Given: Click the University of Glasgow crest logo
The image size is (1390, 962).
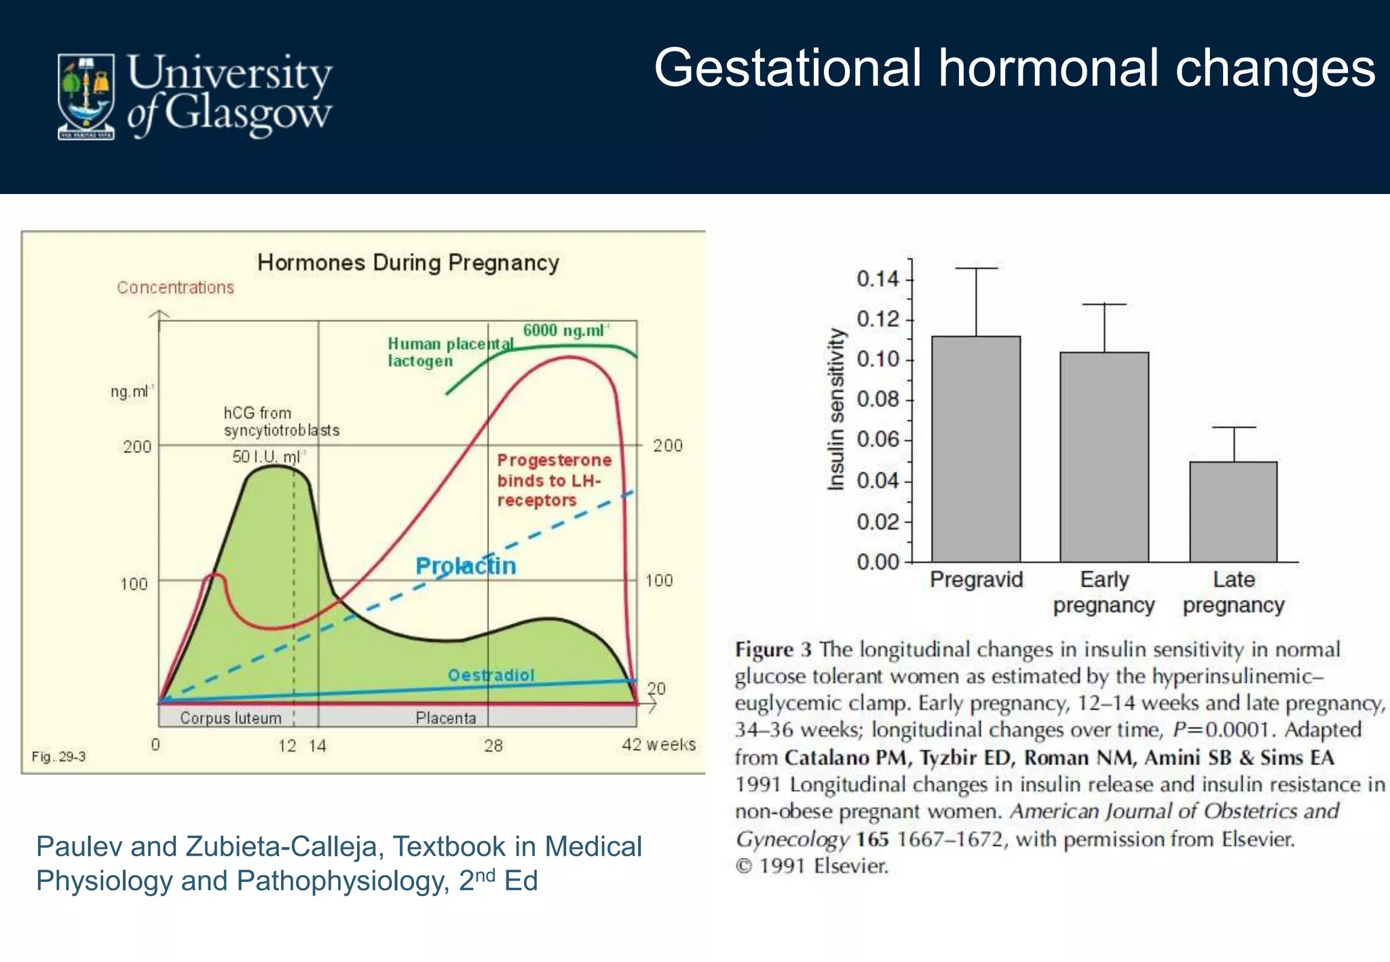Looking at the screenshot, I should point(86,96).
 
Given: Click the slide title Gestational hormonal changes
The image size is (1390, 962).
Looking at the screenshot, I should point(1014,68).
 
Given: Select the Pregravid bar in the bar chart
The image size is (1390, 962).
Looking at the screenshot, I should point(975,448).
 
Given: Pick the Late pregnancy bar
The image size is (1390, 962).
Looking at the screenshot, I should point(1233,512).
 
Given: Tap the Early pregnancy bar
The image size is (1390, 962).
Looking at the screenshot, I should point(1104,457).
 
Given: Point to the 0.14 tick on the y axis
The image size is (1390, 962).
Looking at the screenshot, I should point(878,279).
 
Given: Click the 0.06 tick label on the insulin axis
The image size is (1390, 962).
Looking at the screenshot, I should point(878,440).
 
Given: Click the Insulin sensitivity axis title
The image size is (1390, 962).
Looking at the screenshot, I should point(837,409).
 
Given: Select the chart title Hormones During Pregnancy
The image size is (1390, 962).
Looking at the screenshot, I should point(408,263).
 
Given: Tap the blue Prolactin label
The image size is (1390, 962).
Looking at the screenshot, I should point(466,566).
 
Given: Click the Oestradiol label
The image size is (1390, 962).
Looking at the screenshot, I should point(491,675).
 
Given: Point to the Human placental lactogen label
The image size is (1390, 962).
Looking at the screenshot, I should point(449,352).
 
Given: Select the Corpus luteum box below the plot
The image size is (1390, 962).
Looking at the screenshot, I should point(231,718).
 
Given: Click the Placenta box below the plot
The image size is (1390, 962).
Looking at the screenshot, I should point(446,718).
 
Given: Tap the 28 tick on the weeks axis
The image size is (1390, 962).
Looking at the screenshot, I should point(493,746).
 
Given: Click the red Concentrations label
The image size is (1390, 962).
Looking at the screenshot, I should point(175,288).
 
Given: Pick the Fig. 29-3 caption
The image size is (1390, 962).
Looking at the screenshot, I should point(58,756).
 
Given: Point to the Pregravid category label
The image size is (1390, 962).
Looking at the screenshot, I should point(975,579).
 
